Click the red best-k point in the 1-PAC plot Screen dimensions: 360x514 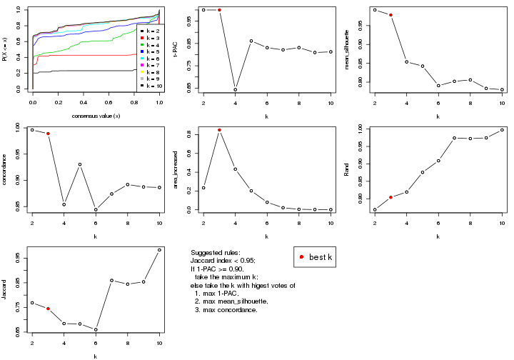tap(219, 10)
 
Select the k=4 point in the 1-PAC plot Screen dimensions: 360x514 tap(235, 89)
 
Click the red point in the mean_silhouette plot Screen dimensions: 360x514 tap(390, 15)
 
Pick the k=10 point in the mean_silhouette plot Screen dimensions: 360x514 tap(502, 89)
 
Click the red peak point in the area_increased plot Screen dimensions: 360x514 tap(219, 130)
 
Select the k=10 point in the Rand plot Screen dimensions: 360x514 tap(502, 129)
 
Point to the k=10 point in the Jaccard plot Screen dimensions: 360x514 tap(159, 249)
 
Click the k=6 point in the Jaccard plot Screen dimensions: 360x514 tap(96, 329)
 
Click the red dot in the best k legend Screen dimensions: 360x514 tap(302, 257)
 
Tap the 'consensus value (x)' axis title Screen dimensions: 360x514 tap(96, 116)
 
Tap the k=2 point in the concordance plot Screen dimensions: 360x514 tap(32, 129)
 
